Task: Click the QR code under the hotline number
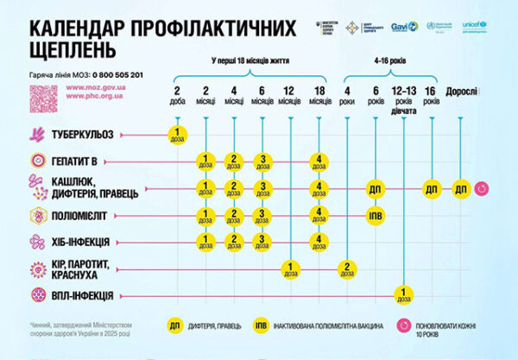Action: [43, 99]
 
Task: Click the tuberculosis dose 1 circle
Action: [177, 135]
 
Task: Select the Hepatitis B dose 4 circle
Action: [319, 161]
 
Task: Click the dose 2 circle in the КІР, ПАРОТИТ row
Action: [347, 268]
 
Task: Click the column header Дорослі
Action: [462, 92]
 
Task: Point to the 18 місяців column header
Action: [319, 96]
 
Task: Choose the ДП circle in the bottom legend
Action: [176, 327]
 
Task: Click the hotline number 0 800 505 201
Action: [105, 76]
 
